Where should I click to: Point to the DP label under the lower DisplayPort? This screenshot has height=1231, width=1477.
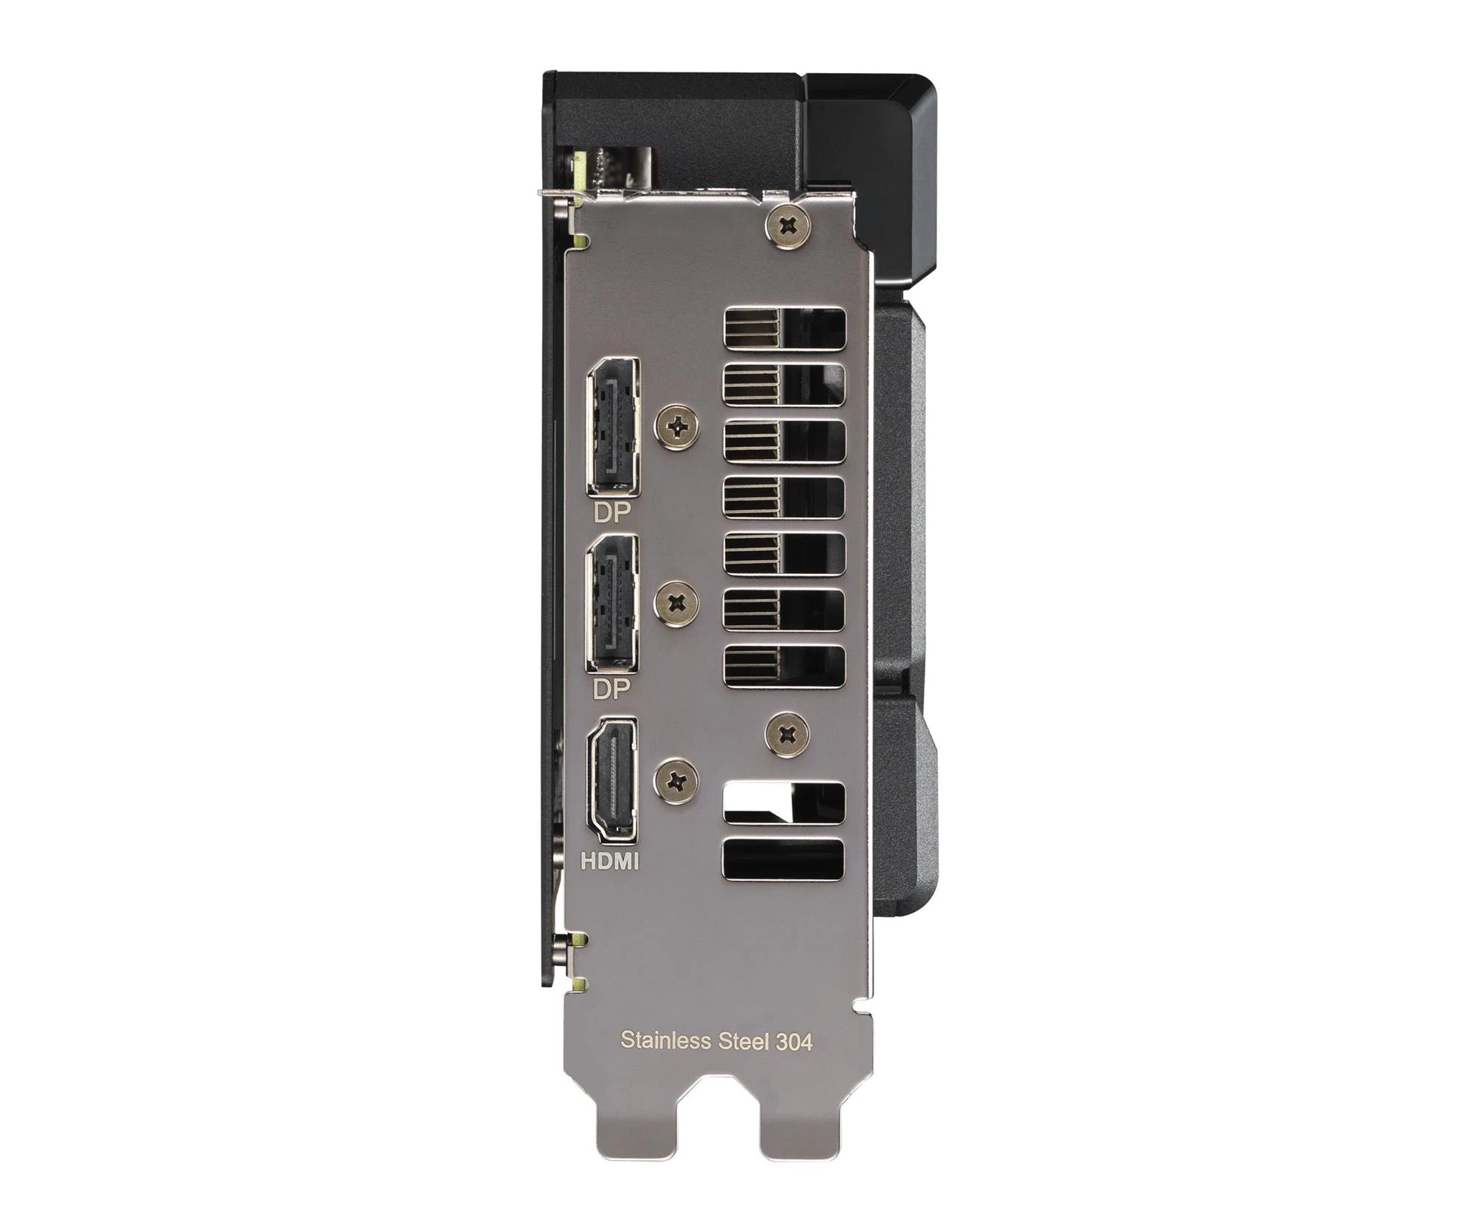(612, 689)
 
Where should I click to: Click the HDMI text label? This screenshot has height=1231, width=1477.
(610, 861)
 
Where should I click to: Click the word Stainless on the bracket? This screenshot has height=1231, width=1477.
(665, 1040)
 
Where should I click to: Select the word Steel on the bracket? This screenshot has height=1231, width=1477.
(742, 1040)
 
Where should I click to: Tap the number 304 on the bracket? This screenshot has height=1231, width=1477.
(794, 1042)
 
